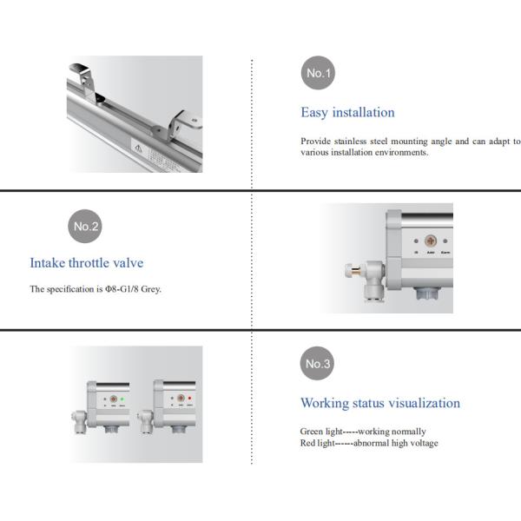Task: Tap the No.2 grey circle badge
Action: pyautogui.click(x=85, y=227)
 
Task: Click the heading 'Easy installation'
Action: pyautogui.click(x=347, y=112)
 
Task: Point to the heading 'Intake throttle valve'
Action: pyautogui.click(x=87, y=262)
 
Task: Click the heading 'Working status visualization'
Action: pyautogui.click(x=380, y=403)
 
